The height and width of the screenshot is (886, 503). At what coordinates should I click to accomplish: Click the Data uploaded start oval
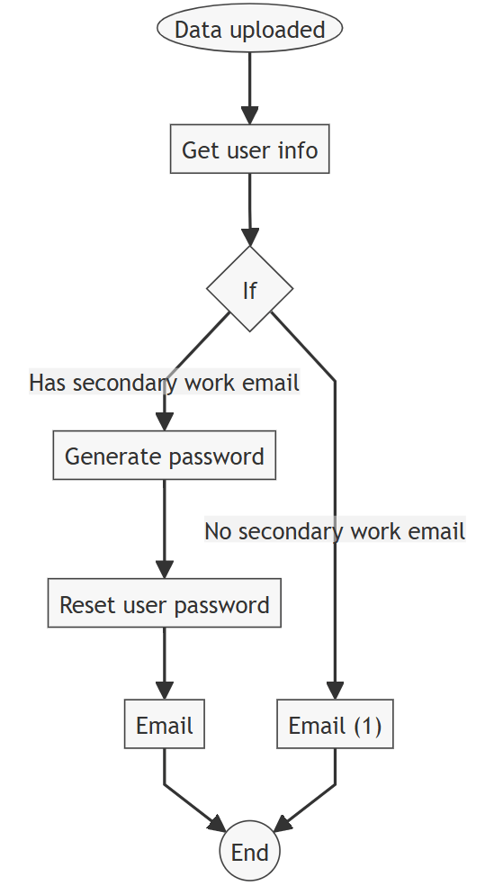(249, 30)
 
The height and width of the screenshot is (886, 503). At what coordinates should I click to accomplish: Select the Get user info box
(249, 149)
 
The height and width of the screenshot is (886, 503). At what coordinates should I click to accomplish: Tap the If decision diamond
(249, 289)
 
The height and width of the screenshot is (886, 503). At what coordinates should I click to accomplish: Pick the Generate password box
(164, 456)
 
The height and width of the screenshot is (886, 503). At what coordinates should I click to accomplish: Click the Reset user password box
(164, 604)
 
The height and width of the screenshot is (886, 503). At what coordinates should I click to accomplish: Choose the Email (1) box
(335, 726)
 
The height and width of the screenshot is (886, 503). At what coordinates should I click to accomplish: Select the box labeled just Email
(164, 726)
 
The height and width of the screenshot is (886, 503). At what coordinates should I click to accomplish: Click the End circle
(249, 851)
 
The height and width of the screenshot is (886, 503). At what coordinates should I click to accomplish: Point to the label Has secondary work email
(164, 383)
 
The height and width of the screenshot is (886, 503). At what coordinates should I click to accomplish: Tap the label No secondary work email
(335, 531)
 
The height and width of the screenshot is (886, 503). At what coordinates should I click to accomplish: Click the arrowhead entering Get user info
(249, 116)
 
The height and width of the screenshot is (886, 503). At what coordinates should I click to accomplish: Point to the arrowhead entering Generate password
(164, 422)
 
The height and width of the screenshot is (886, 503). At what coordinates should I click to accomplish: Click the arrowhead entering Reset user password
(164, 570)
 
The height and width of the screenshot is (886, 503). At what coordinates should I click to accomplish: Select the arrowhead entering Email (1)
(335, 691)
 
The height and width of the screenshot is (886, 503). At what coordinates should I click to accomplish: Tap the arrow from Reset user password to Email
(164, 662)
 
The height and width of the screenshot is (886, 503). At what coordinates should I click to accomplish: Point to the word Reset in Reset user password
(84, 605)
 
